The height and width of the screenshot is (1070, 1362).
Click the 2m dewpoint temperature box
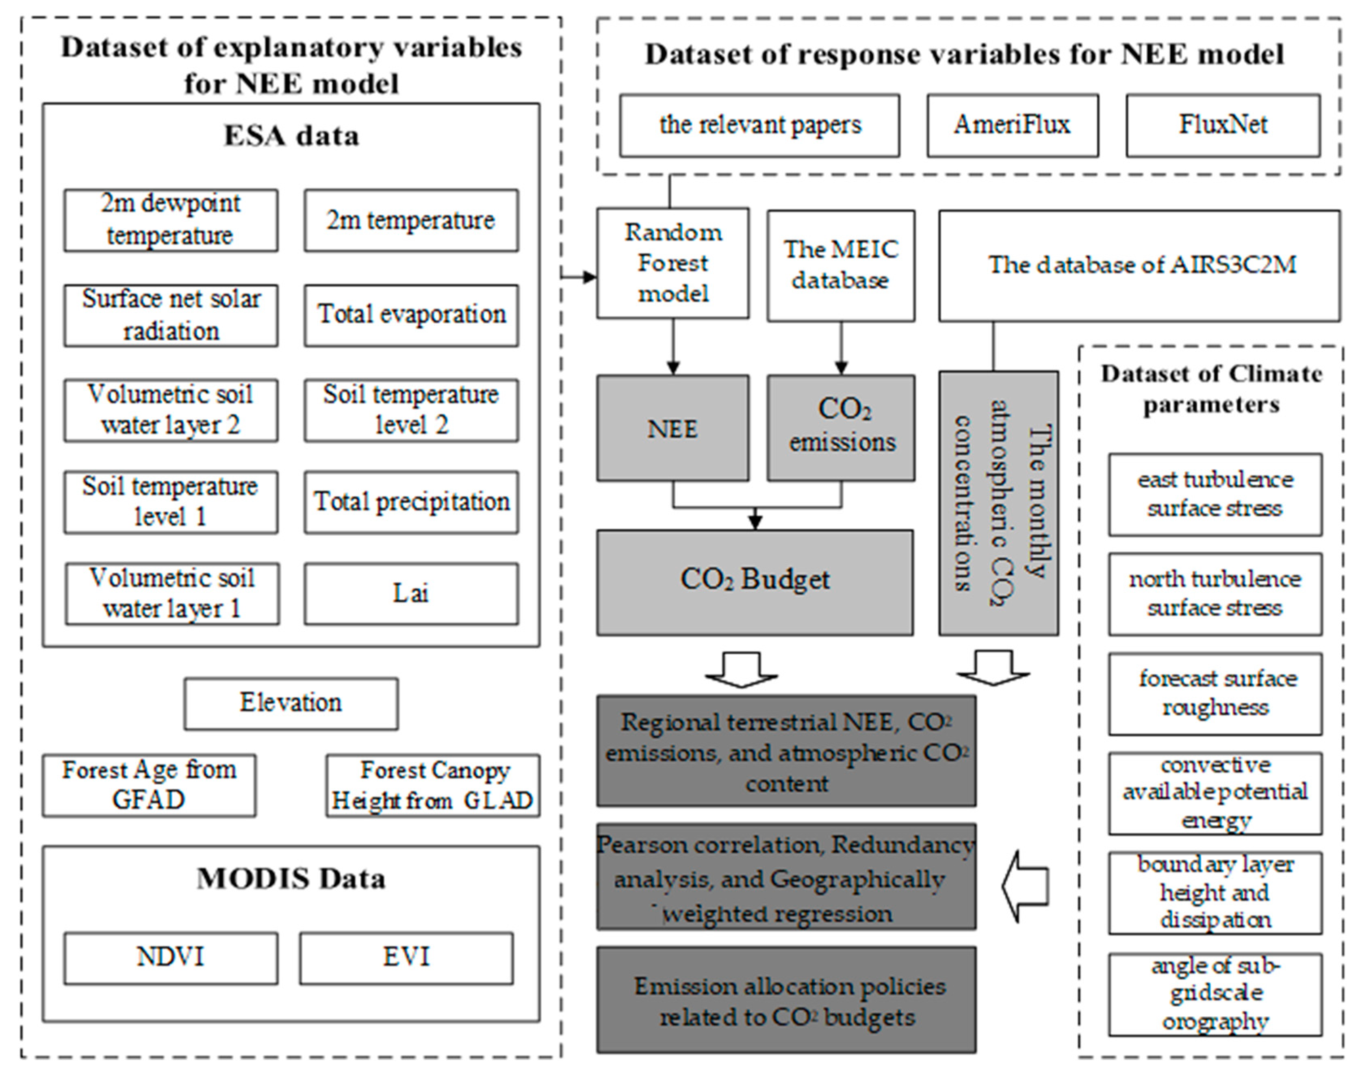(x=170, y=220)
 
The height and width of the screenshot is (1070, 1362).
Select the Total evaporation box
(x=412, y=315)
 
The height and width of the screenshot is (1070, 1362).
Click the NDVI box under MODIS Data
(x=170, y=958)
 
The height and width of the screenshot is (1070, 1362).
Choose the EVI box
(x=406, y=958)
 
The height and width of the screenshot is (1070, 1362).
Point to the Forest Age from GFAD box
(x=149, y=785)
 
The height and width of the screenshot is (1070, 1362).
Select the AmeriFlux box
(x=1012, y=125)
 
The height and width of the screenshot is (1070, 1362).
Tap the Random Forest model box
(x=672, y=263)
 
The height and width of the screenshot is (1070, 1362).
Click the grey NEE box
(x=672, y=428)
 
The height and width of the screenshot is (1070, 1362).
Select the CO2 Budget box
(x=755, y=582)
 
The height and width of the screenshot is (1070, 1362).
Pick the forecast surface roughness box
(x=1215, y=694)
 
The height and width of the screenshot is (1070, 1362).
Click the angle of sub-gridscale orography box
(x=1215, y=994)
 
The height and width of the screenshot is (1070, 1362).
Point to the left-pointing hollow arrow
(x=1024, y=886)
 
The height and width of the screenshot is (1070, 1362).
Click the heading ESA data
(x=291, y=136)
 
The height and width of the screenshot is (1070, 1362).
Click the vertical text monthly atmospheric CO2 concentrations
(x=998, y=503)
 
